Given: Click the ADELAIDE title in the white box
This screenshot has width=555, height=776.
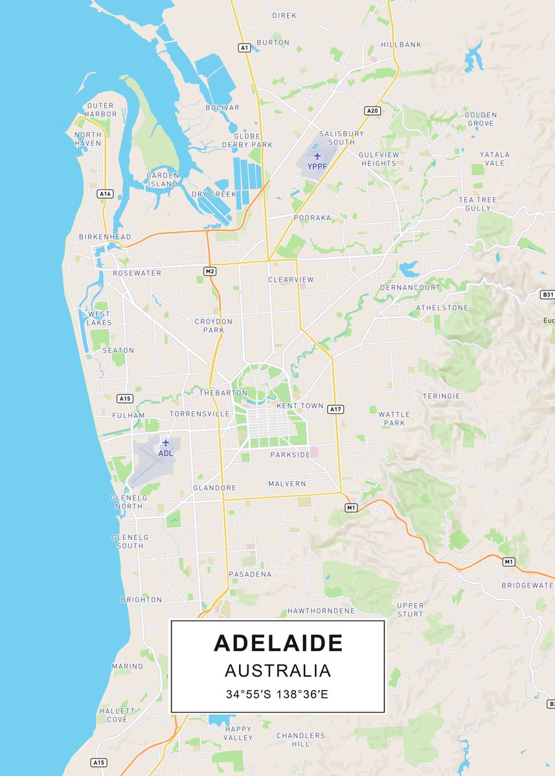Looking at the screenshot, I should [x=278, y=643].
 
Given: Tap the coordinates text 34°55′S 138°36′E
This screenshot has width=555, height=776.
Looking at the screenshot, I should [x=277, y=695].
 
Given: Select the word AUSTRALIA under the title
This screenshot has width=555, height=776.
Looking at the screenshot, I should [x=278, y=671].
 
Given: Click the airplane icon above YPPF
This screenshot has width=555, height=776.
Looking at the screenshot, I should [x=317, y=156].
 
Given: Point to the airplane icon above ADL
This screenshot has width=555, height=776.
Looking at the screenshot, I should [x=166, y=442].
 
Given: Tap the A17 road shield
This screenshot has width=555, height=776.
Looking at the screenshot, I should [x=335, y=409].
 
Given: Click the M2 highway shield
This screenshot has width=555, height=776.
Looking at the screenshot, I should [x=209, y=271].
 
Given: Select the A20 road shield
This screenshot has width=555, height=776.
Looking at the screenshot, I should [x=372, y=111].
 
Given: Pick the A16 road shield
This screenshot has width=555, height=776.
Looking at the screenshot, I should [x=106, y=193].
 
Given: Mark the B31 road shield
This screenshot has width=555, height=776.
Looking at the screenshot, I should [x=547, y=294].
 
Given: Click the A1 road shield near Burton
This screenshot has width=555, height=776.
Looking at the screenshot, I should [x=244, y=47].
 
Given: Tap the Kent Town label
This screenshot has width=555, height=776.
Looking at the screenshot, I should [x=300, y=405].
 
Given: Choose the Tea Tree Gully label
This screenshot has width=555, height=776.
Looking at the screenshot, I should [x=478, y=204].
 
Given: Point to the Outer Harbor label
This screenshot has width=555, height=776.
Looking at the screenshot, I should [x=102, y=109].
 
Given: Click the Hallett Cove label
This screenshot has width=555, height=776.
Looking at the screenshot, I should [x=117, y=715].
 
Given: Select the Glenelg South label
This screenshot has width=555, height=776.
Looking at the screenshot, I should [x=130, y=541].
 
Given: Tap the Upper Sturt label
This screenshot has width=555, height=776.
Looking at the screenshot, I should [x=410, y=610].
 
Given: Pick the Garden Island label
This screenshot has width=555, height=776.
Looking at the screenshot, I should [x=162, y=179].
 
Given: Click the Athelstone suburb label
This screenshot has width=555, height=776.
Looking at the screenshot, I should [x=442, y=308].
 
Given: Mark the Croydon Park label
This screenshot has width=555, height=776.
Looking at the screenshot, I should [x=214, y=325].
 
